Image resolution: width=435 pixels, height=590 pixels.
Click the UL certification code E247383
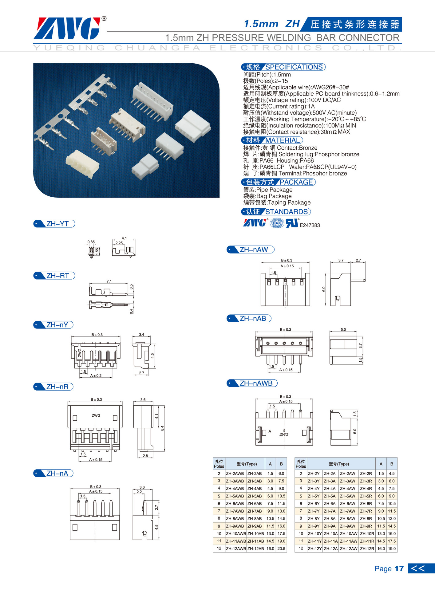[310, 225]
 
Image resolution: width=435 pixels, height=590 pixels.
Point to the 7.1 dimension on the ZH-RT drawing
[109, 281]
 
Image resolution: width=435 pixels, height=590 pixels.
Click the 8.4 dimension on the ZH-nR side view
[162, 428]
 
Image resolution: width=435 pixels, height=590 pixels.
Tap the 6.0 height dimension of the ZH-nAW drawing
[323, 289]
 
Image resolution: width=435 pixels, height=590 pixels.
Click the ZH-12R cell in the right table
[366, 549]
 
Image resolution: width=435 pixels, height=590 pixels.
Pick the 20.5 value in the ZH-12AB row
[281, 549]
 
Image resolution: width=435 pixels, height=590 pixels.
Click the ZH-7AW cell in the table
[347, 511]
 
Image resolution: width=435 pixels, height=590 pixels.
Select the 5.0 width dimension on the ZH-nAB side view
[343, 329]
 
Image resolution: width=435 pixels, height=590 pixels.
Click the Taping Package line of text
[277, 203]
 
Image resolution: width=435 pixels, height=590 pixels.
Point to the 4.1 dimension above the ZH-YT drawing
[124, 238]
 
